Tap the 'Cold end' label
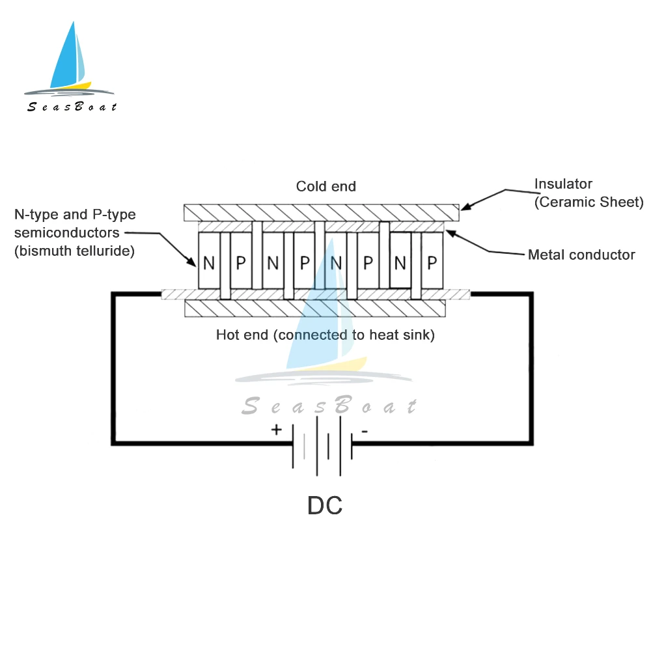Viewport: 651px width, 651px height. [x=325, y=187]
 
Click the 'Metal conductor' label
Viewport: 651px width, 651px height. [x=581, y=255]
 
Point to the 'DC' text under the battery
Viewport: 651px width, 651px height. [x=325, y=505]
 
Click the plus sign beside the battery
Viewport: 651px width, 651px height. [x=277, y=430]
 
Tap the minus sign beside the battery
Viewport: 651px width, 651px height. [x=364, y=430]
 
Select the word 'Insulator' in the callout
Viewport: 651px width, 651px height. [x=563, y=184]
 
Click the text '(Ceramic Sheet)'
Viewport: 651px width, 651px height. [x=589, y=202]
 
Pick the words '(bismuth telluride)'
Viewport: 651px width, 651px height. [x=74, y=251]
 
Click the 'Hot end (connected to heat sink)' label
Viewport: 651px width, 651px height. [x=325, y=335]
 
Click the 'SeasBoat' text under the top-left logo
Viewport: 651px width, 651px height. [x=71, y=107]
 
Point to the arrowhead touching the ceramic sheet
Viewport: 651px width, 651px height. [x=465, y=207]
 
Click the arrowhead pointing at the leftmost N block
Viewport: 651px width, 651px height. [x=193, y=264]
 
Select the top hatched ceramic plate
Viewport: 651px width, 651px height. [x=322, y=213]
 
